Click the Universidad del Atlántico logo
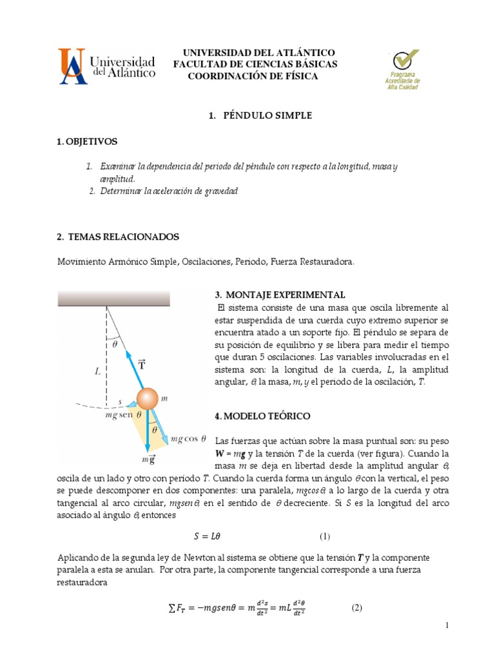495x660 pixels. click(107, 66)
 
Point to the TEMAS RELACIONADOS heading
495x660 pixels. click(117, 237)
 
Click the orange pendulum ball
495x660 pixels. click(146, 398)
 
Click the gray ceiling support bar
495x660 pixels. click(114, 298)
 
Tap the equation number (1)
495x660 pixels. click(325, 536)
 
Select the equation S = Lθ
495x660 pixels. click(211, 536)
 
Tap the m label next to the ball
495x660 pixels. click(164, 398)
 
